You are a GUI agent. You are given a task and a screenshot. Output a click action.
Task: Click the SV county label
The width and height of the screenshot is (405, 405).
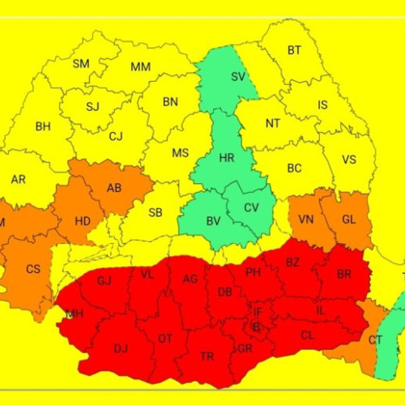click(238, 77)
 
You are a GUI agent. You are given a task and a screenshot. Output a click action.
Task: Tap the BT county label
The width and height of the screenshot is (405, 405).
click(294, 50)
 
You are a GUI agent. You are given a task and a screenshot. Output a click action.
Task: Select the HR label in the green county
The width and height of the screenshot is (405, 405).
click(227, 158)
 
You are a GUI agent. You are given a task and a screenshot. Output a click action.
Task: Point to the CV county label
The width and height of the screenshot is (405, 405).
click(252, 208)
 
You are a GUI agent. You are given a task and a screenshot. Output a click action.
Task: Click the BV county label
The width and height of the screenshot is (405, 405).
click(213, 221)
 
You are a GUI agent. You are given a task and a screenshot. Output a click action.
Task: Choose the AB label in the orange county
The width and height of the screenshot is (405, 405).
click(114, 188)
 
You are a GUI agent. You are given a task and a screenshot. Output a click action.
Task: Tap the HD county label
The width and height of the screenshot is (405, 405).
click(83, 220)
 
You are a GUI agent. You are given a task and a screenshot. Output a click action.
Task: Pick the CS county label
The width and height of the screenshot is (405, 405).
click(33, 269)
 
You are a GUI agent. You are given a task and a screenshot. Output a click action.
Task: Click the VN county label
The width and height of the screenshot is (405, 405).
click(306, 220)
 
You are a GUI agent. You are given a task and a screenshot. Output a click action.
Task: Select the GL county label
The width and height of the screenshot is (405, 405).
click(348, 220)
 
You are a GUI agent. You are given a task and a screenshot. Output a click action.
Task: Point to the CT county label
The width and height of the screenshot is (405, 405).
click(375, 340)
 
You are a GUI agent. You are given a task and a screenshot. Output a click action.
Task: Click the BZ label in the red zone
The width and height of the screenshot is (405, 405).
click(292, 262)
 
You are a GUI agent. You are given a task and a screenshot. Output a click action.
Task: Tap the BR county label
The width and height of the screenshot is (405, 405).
click(344, 275)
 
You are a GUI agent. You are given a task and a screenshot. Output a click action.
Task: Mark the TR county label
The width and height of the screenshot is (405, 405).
click(207, 356)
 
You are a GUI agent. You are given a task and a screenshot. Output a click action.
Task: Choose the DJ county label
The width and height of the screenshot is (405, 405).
click(121, 348)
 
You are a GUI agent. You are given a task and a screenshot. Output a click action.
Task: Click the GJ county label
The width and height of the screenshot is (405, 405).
click(104, 281)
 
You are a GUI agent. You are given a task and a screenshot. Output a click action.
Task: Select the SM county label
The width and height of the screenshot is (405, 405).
click(81, 64)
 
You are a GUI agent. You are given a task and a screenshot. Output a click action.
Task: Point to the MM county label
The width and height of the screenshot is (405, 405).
click(140, 66)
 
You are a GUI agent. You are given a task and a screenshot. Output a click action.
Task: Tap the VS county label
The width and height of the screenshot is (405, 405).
click(349, 160)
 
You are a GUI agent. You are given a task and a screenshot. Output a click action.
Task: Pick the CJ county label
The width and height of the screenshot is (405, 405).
click(117, 137)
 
